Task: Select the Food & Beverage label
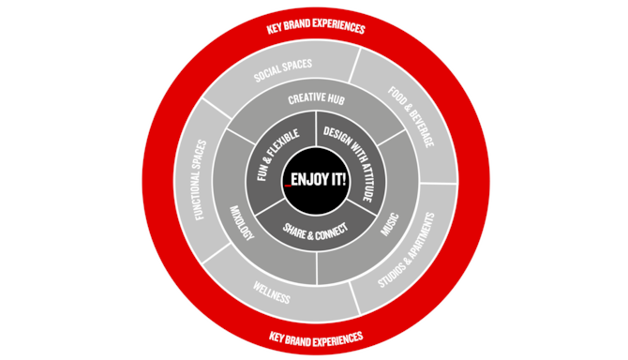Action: (x=411, y=116)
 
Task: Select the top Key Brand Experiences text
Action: (x=317, y=28)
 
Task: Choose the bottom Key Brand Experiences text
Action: (x=316, y=336)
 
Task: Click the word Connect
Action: (x=329, y=227)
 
